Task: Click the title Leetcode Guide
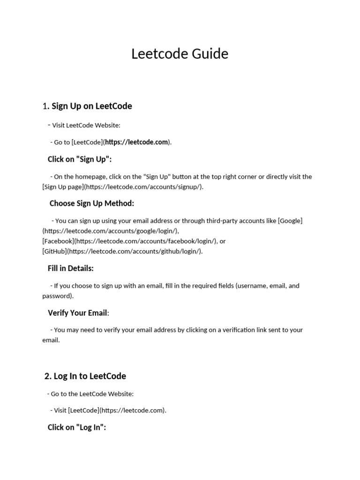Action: click(x=180, y=54)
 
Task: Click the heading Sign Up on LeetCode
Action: click(x=91, y=106)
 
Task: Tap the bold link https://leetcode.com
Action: click(x=136, y=142)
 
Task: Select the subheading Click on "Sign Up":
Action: click(x=80, y=159)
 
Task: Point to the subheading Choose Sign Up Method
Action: click(x=92, y=203)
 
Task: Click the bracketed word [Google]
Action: click(x=290, y=221)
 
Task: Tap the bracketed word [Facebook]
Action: click(x=58, y=241)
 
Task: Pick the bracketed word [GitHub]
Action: click(x=54, y=251)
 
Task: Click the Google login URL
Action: click(x=111, y=231)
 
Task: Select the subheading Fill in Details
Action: click(x=71, y=269)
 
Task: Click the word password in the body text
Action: click(x=57, y=296)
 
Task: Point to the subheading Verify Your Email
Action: click(x=78, y=313)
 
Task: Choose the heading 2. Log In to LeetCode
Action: click(x=85, y=376)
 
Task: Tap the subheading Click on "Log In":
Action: click(x=77, y=427)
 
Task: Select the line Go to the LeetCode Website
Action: click(x=92, y=394)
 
